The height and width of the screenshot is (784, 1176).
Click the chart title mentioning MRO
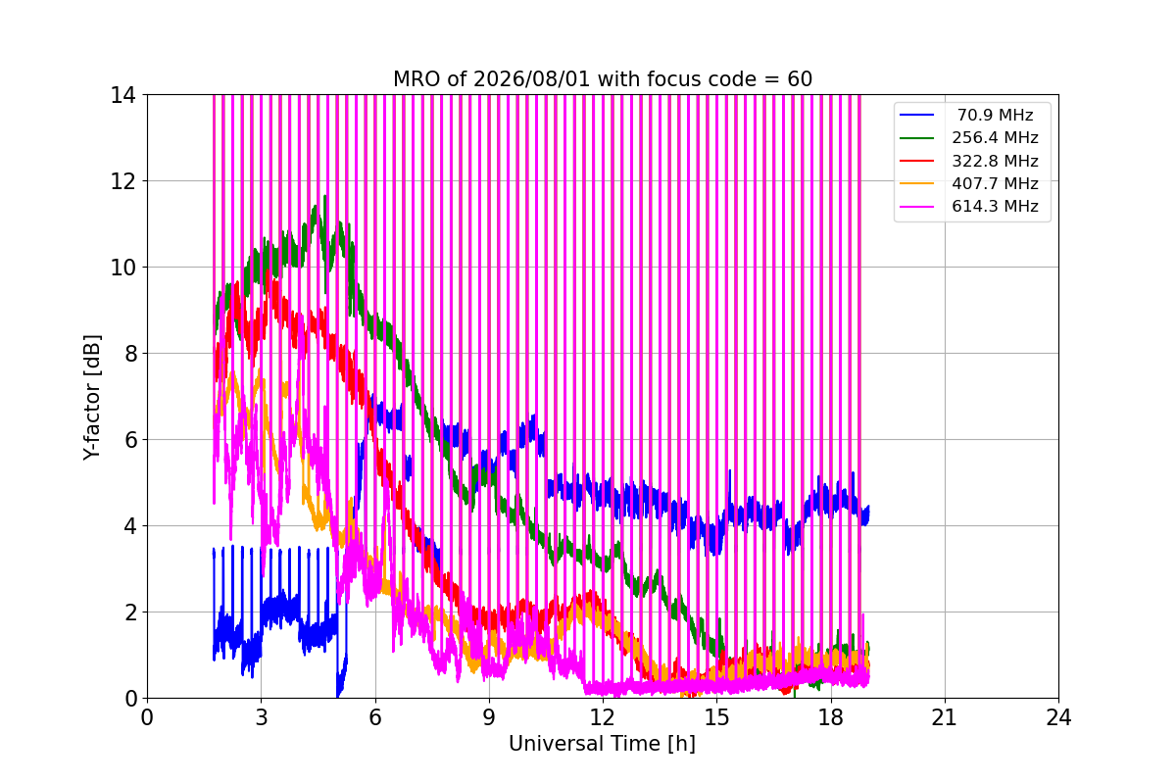(x=603, y=79)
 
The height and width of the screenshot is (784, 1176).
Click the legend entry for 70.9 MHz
(x=995, y=115)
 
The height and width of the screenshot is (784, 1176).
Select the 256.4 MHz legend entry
(x=995, y=137)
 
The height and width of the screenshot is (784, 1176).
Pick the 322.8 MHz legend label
(x=995, y=161)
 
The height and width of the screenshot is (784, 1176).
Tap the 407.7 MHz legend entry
(x=995, y=183)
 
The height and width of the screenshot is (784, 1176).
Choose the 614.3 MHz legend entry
(x=995, y=206)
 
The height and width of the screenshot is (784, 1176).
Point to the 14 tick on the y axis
(x=122, y=96)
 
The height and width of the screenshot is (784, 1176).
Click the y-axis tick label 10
(x=122, y=268)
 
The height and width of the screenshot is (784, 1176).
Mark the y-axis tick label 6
(x=130, y=440)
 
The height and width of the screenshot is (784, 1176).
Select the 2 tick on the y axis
(x=130, y=612)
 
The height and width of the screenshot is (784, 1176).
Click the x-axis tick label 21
(x=945, y=717)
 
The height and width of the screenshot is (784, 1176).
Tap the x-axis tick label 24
(x=1058, y=717)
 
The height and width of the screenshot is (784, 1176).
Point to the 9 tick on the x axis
(x=489, y=717)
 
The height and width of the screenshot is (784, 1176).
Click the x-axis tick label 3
(x=261, y=717)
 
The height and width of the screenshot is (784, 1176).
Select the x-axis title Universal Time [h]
(x=602, y=744)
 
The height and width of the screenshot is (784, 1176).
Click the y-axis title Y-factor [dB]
(x=92, y=398)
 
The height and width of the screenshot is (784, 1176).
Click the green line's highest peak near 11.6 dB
(x=325, y=196)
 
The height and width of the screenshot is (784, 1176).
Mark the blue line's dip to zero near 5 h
(x=337, y=696)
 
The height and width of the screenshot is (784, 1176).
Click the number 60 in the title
(x=800, y=79)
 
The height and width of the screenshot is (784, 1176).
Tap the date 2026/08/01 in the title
(x=531, y=79)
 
